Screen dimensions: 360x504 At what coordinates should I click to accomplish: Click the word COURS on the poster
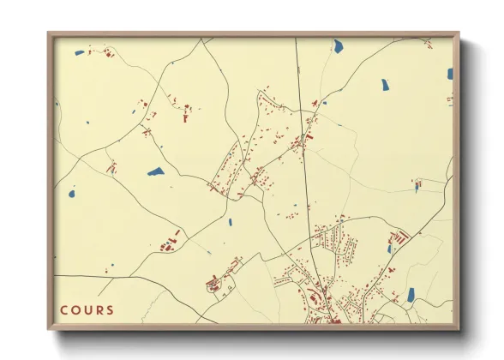(x=87, y=309)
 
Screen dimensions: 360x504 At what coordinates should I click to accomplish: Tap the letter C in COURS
(x=64, y=309)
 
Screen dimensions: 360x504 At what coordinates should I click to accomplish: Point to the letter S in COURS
(x=109, y=309)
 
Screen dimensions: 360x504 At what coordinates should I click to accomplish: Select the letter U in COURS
(x=87, y=309)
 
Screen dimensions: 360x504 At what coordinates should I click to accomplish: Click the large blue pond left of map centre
(x=155, y=171)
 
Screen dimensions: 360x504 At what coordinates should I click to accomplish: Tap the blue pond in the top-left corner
(x=80, y=52)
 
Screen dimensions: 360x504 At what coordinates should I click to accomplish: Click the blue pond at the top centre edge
(x=338, y=45)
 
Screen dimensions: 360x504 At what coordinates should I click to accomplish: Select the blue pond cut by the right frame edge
(x=449, y=74)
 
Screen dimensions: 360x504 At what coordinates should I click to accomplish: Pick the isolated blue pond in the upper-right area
(x=385, y=86)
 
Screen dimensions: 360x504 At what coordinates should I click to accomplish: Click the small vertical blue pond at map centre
(x=230, y=222)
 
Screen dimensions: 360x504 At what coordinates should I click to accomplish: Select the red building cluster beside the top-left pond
(x=108, y=53)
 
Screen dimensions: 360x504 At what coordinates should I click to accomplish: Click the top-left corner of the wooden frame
(x=48, y=33)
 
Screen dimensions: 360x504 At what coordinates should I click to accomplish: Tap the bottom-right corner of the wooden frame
(x=459, y=330)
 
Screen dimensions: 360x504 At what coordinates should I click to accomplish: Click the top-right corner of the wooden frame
(x=459, y=33)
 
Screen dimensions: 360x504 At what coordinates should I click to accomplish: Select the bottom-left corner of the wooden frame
(x=48, y=330)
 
